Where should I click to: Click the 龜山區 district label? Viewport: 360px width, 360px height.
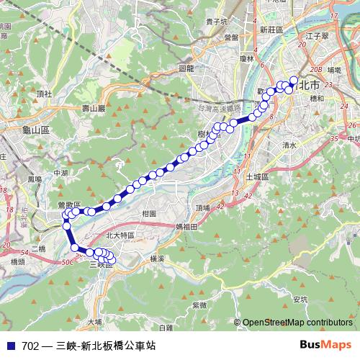point(35,130)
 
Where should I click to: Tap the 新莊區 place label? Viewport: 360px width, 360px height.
point(273,30)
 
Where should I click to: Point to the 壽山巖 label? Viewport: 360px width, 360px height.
point(94,108)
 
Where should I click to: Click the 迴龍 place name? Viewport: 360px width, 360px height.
point(185,68)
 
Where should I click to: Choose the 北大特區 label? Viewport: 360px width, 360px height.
point(120,235)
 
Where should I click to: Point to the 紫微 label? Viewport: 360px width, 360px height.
point(199,305)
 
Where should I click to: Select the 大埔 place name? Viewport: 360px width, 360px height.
point(95,321)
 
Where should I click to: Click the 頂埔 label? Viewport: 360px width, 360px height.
point(203,207)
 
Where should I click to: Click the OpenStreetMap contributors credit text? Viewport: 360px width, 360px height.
point(297,323)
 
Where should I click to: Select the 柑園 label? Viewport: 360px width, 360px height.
point(150,214)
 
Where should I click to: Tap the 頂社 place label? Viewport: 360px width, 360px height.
point(44,94)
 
